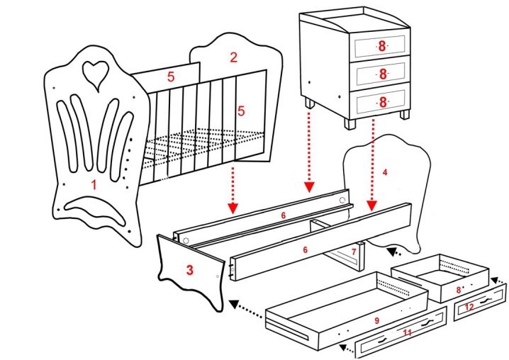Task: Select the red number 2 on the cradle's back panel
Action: click(233, 56)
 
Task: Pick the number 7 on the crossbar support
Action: click(353, 252)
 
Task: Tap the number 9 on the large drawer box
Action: click(377, 320)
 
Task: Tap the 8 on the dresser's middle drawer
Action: click(381, 74)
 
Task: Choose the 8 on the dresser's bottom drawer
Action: click(381, 102)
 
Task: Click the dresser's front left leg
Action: click(309, 103)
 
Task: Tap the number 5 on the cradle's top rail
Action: click(170, 77)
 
